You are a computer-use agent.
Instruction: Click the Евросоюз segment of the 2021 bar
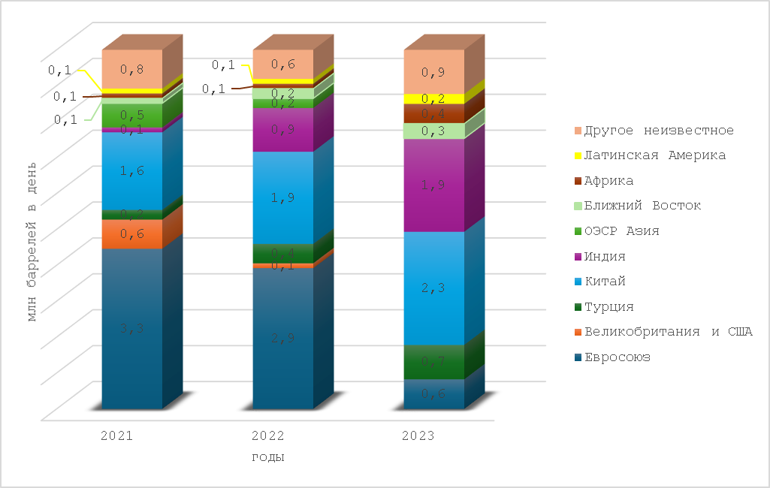132,353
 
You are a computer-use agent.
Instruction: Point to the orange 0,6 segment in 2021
132,233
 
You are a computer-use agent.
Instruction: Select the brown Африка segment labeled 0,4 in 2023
433,113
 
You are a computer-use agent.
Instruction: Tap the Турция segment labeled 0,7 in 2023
433,362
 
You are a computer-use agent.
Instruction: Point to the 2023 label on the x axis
418,435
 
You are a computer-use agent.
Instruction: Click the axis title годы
267,456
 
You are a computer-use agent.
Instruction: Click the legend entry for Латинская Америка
655,155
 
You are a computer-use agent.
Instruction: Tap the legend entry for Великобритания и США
668,332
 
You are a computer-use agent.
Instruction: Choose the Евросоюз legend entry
617,357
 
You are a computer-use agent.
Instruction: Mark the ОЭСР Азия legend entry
621,231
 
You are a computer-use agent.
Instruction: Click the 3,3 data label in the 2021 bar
132,327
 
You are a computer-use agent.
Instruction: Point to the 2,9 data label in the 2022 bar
282,337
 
